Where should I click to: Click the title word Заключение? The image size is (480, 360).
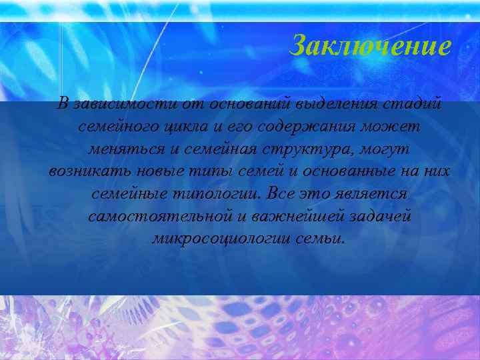(371, 46)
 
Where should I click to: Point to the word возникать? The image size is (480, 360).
(85, 171)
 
